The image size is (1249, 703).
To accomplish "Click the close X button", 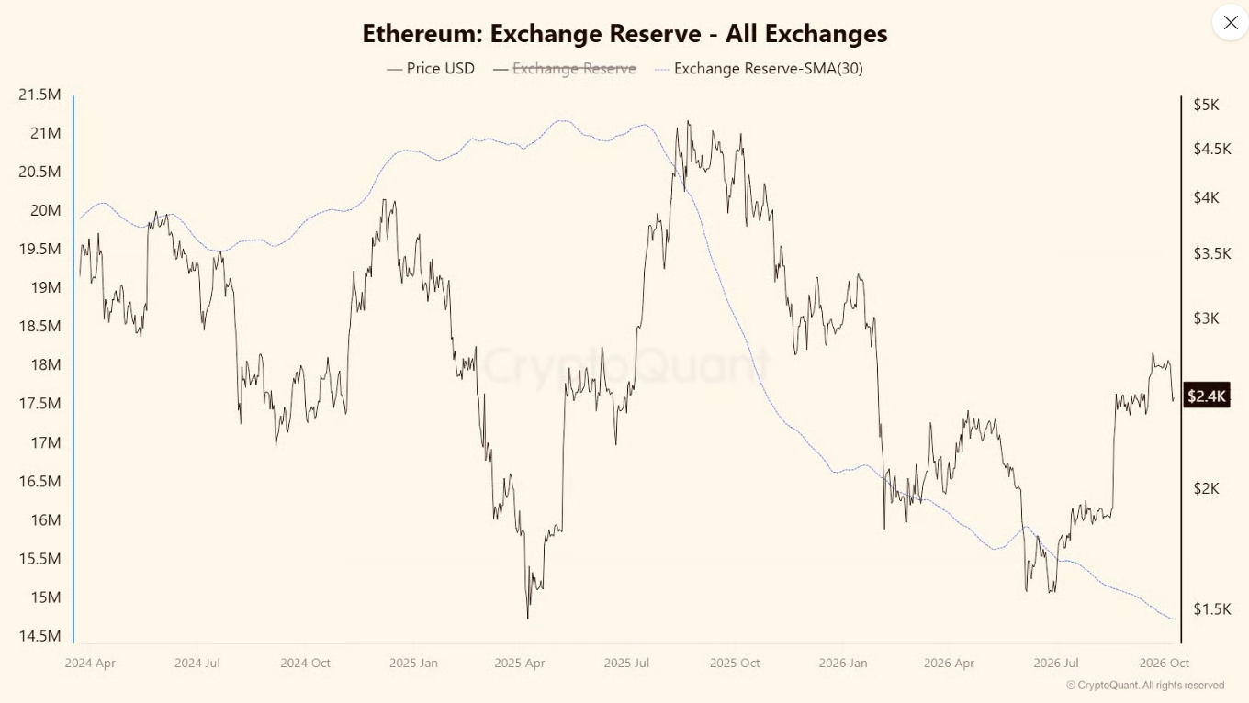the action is pyautogui.click(x=1230, y=22).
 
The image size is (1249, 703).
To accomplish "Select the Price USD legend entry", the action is pyautogui.click(x=431, y=69).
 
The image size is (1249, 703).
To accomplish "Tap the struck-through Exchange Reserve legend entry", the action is pyautogui.click(x=564, y=69).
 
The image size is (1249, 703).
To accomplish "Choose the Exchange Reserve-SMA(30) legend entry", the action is pyautogui.click(x=759, y=69).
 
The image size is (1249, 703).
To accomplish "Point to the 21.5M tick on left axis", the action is pyautogui.click(x=39, y=95).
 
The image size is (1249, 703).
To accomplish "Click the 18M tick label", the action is pyautogui.click(x=46, y=365).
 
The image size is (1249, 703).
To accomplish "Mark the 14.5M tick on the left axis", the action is pyautogui.click(x=39, y=636).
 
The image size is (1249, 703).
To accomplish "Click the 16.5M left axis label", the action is pyautogui.click(x=39, y=481).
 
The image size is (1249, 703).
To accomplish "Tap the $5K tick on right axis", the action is pyautogui.click(x=1206, y=105).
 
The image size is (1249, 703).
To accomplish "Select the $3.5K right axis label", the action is pyautogui.click(x=1211, y=254).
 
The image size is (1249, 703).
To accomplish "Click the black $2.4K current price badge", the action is pyautogui.click(x=1207, y=396).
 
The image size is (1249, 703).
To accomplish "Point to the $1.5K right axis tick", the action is pyautogui.click(x=1211, y=609).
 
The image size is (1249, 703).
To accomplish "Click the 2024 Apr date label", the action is pyautogui.click(x=90, y=664).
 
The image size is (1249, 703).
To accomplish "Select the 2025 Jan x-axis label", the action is pyautogui.click(x=413, y=664).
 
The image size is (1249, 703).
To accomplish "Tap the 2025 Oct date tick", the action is pyautogui.click(x=735, y=664).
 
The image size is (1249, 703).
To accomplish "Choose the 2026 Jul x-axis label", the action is pyautogui.click(x=1055, y=664).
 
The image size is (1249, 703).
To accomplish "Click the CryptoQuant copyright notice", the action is pyautogui.click(x=1145, y=686).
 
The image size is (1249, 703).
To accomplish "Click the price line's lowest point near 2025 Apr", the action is pyautogui.click(x=528, y=618).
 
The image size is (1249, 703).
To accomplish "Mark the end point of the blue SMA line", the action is pyautogui.click(x=1173, y=619).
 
